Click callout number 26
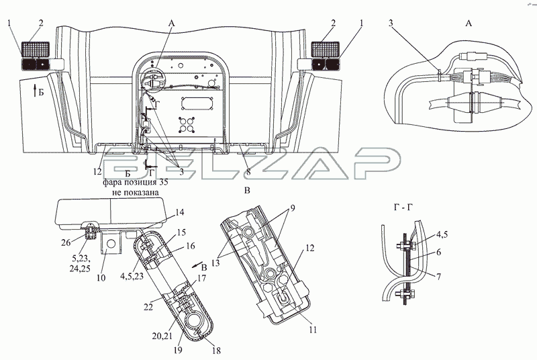66,242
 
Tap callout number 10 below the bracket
101,277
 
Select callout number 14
179,212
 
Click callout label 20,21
162,336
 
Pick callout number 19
178,350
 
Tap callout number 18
216,351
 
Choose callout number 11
312,330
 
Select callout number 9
293,208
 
